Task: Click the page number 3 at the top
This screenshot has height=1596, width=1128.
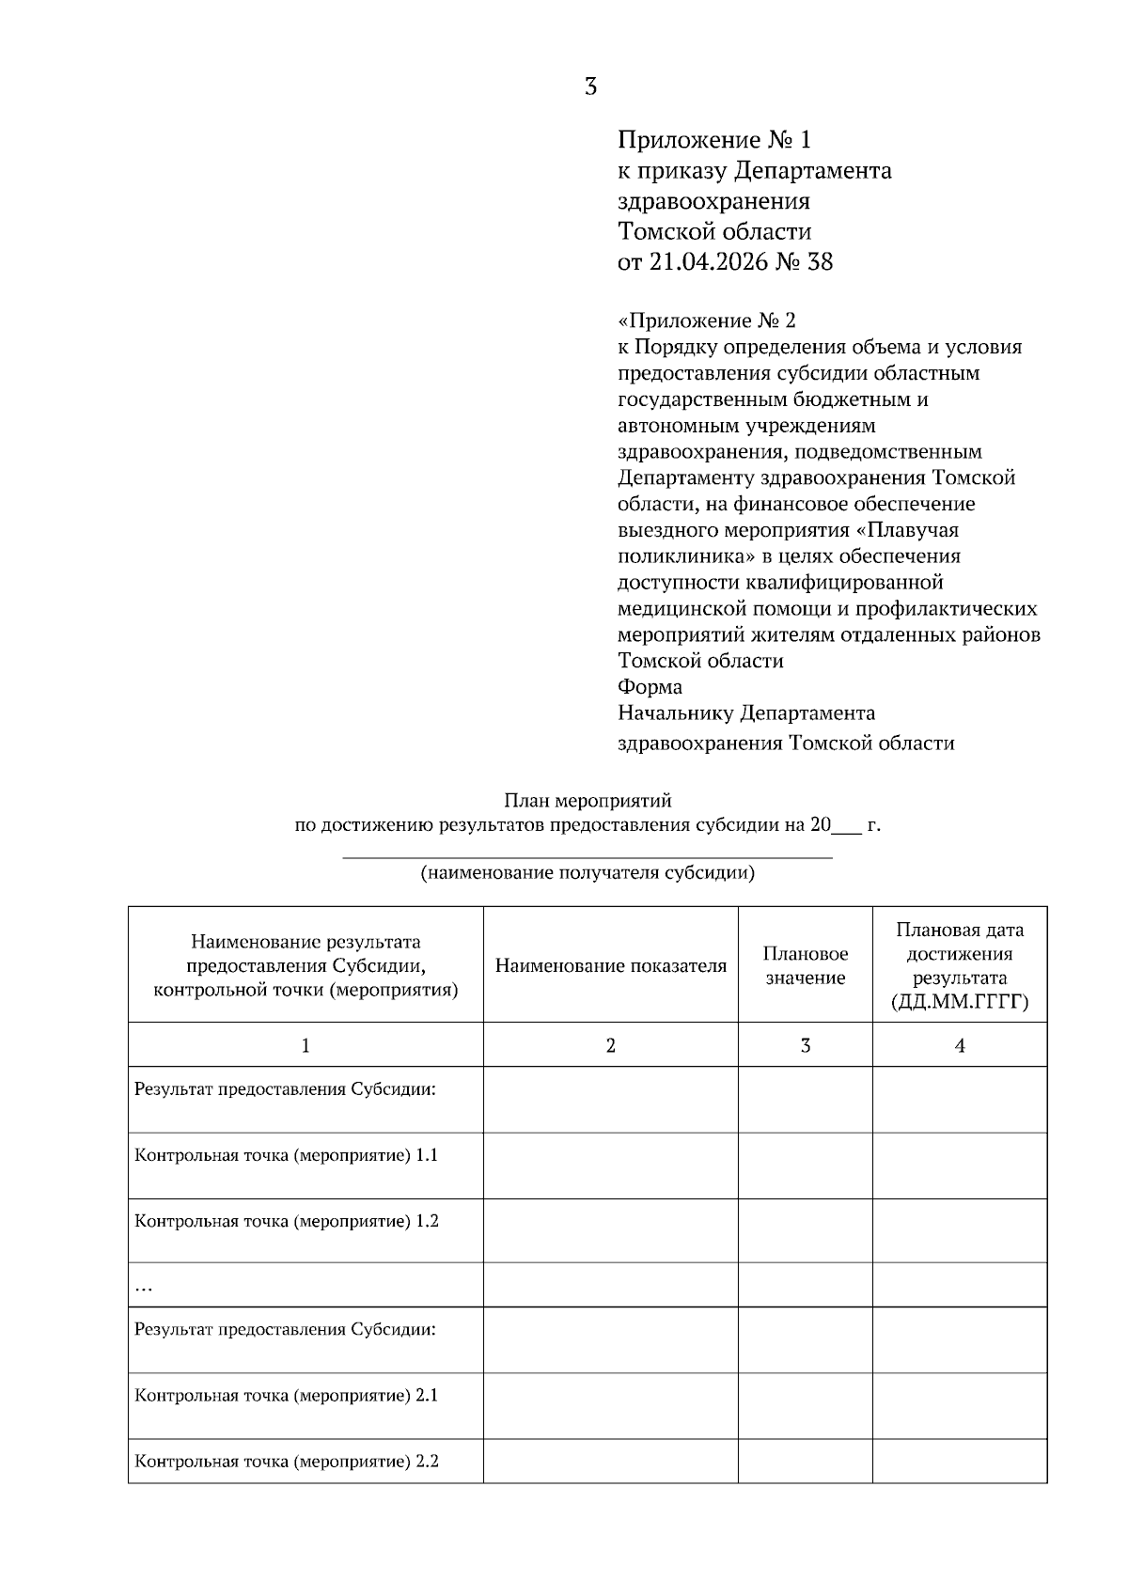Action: pyautogui.click(x=590, y=87)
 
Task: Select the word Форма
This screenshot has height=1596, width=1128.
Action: pyautogui.click(x=650, y=687)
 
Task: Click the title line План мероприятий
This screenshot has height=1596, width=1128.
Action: pyautogui.click(x=587, y=802)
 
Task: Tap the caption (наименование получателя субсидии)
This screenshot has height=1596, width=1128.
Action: pyautogui.click(x=587, y=873)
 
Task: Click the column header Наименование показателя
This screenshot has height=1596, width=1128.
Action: pyautogui.click(x=610, y=966)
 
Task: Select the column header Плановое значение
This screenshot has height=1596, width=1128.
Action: pyautogui.click(x=805, y=966)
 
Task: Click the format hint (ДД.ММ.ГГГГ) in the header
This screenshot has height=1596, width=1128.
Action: pyautogui.click(x=959, y=1003)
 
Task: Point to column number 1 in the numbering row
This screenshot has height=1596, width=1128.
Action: pyautogui.click(x=305, y=1046)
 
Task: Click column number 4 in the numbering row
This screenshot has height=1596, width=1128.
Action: pyautogui.click(x=960, y=1046)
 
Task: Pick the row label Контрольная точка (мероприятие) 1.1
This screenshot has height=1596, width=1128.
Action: pyautogui.click(x=287, y=1155)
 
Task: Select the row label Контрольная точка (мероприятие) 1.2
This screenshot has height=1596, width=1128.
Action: pyautogui.click(x=287, y=1221)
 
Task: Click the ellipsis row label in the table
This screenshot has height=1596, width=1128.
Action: pyautogui.click(x=144, y=1288)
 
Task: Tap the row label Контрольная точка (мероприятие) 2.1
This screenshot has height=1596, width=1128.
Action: pyautogui.click(x=287, y=1396)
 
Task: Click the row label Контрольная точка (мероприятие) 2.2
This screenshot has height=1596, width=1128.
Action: pyautogui.click(x=287, y=1462)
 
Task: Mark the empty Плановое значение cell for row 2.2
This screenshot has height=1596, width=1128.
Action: pyautogui.click(x=805, y=1462)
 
